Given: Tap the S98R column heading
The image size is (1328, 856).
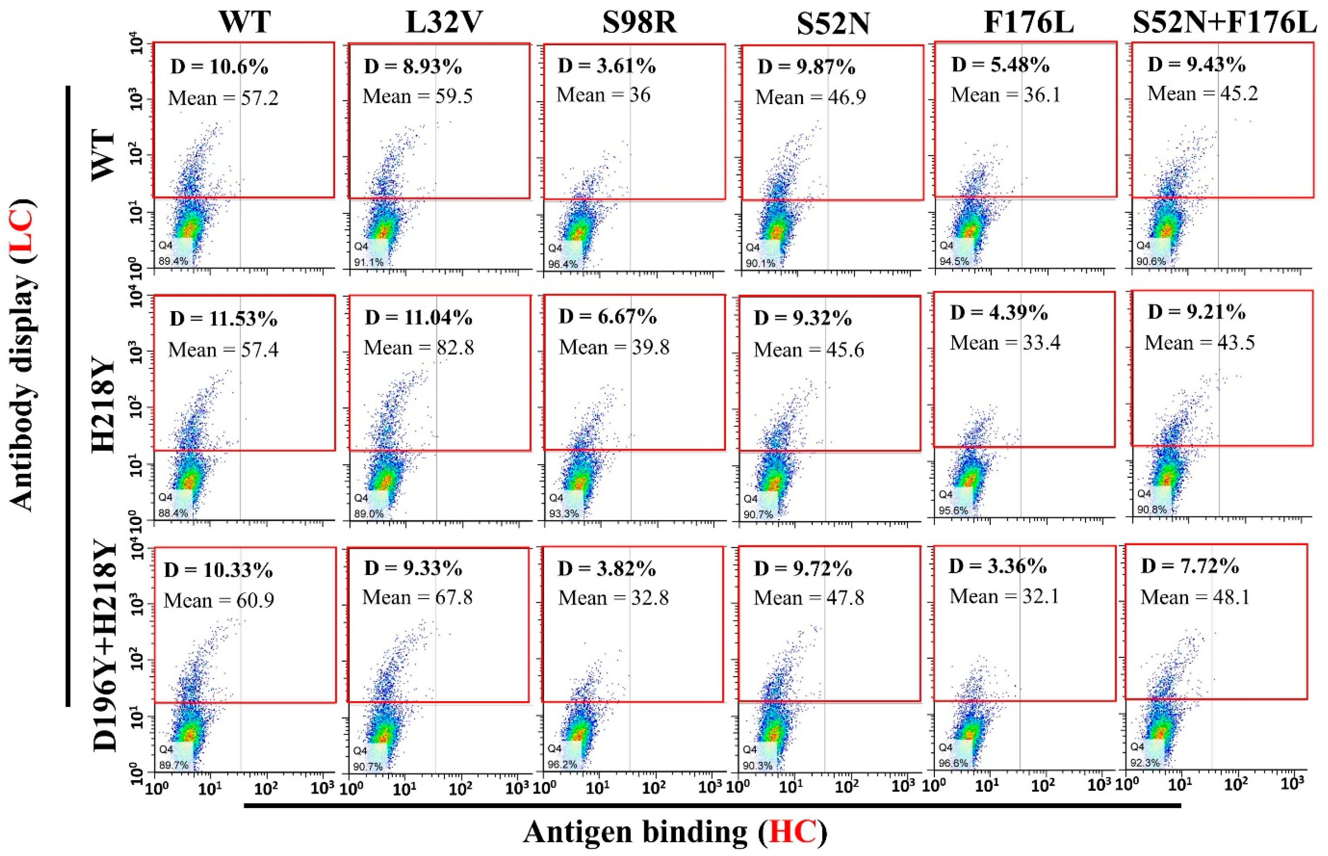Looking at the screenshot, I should click(x=639, y=23).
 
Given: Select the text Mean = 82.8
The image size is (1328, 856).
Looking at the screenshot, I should click(x=418, y=348).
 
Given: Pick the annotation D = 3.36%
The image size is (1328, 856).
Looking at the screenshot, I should click(x=998, y=566).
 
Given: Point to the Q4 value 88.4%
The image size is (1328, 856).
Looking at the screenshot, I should click(x=173, y=513).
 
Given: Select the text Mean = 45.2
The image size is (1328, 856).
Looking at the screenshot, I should click(x=1203, y=94).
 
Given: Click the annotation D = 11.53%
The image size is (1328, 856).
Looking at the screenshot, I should click(x=223, y=319).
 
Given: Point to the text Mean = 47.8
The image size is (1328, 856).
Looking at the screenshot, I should click(x=809, y=598).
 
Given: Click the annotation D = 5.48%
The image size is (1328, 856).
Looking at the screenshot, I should click(x=1001, y=65).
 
